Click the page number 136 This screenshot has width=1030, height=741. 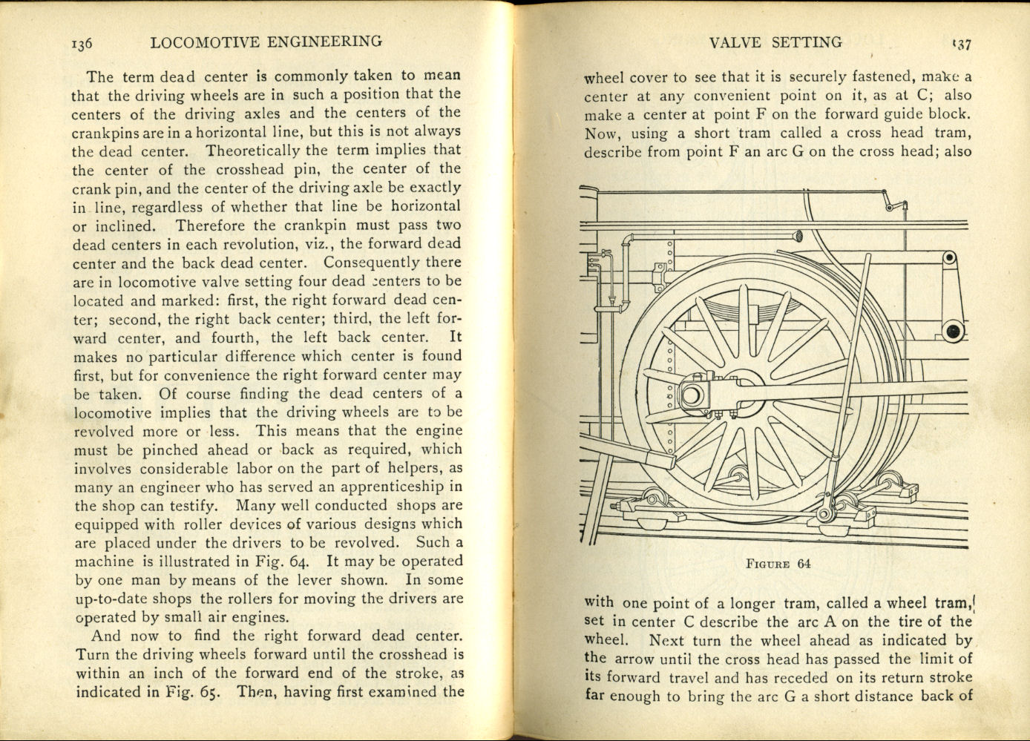82,44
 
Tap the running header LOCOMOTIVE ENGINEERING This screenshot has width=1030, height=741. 266,42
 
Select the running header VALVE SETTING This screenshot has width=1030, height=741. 775,42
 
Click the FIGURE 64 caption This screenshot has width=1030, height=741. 778,564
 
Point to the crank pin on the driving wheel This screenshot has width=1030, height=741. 690,394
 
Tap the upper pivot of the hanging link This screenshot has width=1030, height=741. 949,257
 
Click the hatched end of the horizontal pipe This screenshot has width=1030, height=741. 798,237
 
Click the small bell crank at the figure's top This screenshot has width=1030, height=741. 893,205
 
